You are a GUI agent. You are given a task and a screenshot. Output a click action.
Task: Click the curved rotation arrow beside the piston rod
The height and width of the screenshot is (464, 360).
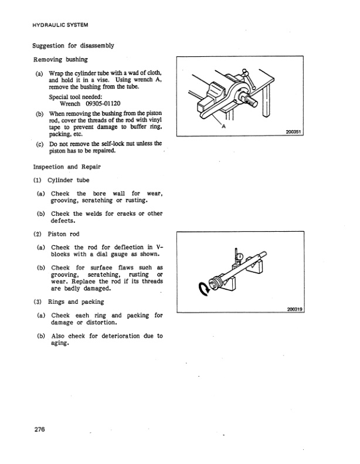pos(204,289)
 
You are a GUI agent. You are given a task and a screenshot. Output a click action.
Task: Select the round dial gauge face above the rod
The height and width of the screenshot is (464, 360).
pos(240,256)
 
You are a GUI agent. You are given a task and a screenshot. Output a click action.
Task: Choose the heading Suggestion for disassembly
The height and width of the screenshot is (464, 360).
pos(73,46)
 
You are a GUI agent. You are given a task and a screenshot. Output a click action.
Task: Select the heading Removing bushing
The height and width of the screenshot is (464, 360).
pos(60,59)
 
